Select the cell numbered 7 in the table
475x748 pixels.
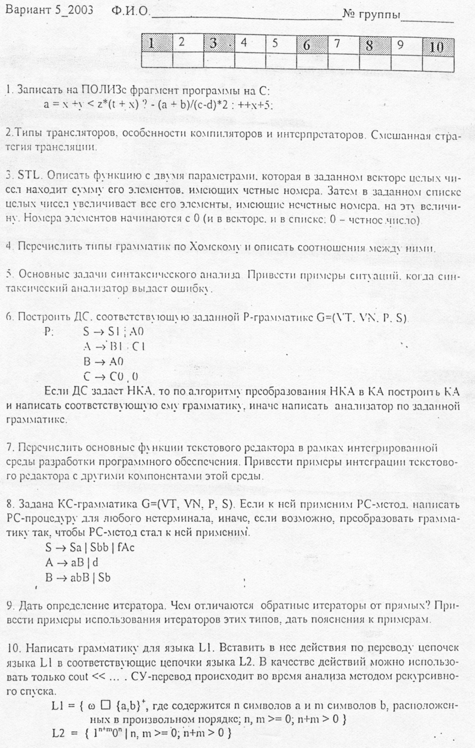click(x=344, y=44)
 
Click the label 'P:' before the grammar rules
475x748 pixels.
click(x=49, y=332)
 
